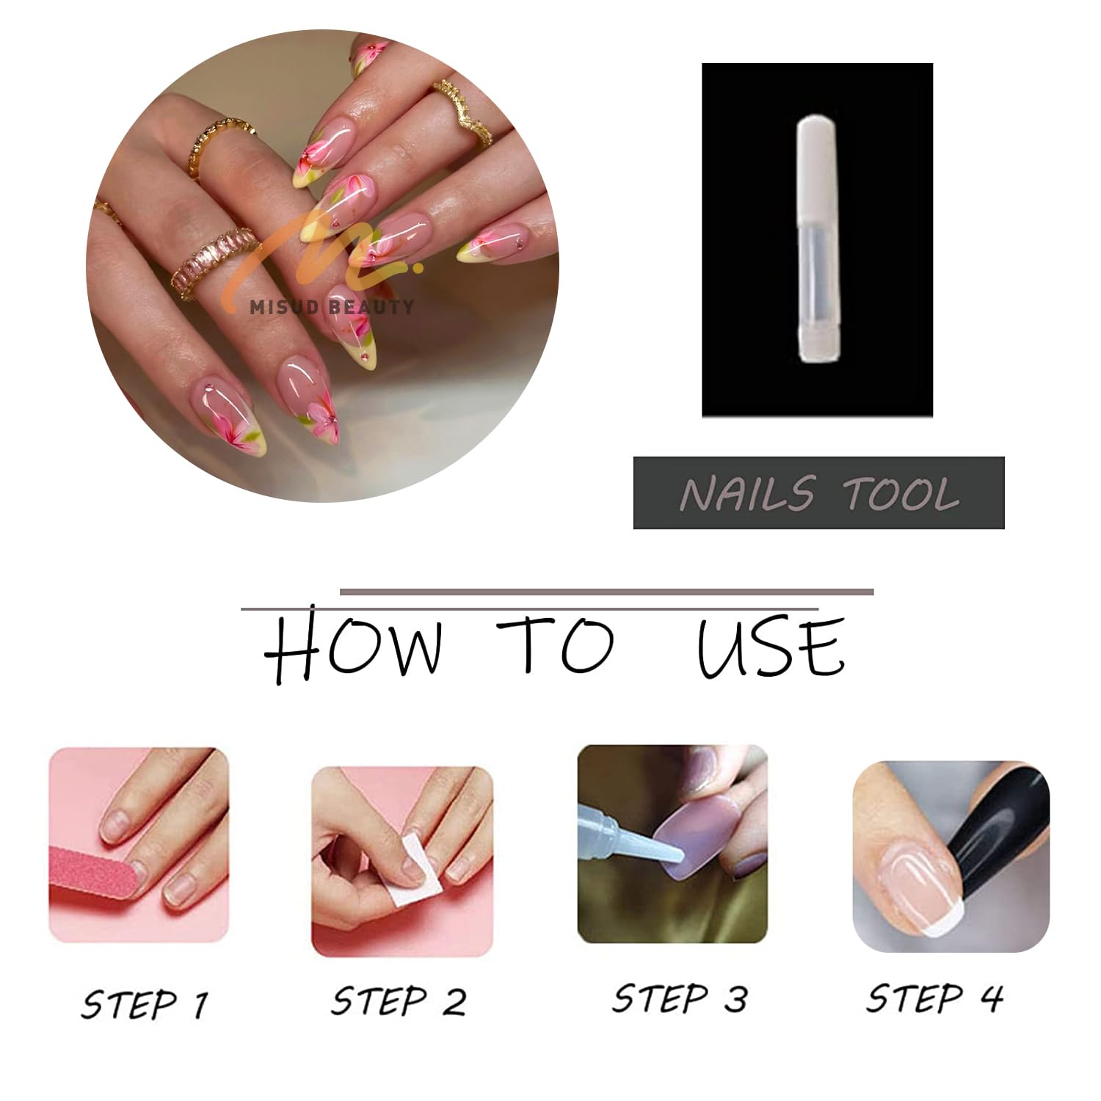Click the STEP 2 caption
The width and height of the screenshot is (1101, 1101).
pyautogui.click(x=399, y=1000)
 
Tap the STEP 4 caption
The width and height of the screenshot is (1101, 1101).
pyautogui.click(x=934, y=998)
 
